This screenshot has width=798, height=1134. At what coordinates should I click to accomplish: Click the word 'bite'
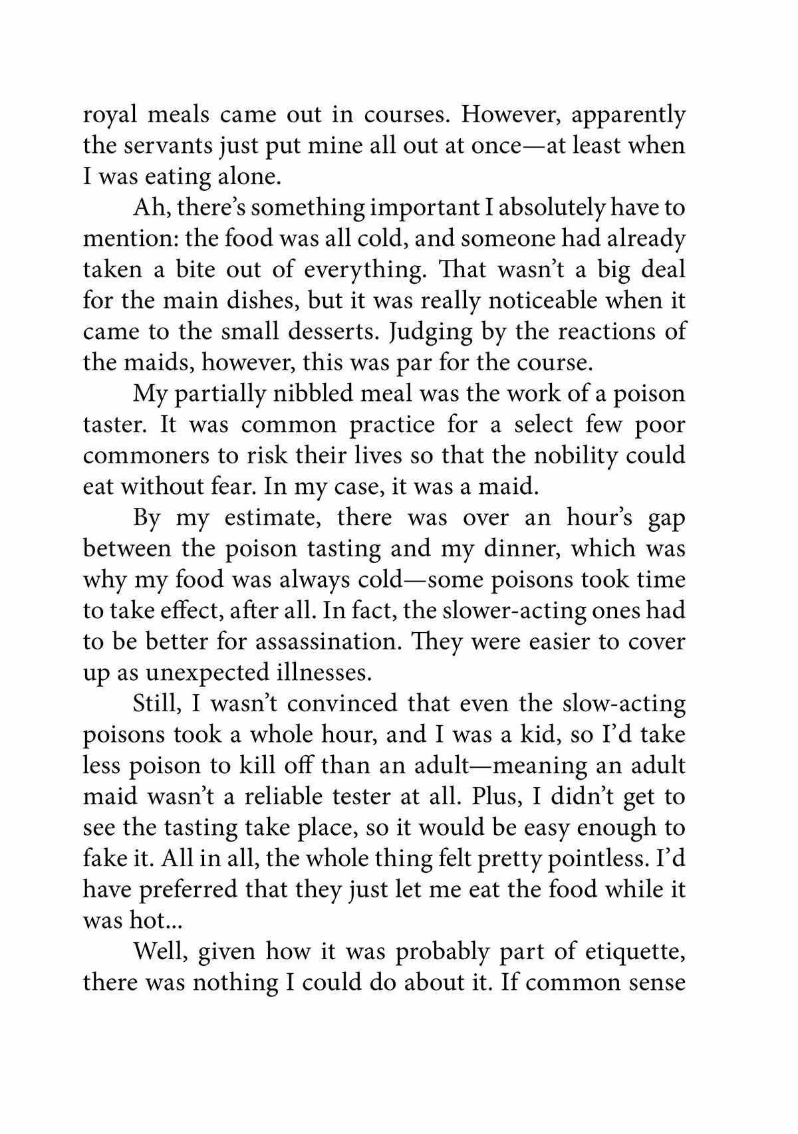coord(196,270)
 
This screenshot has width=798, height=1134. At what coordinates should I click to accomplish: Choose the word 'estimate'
coord(273,517)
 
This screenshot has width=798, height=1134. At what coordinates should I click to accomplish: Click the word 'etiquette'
coord(635,951)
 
